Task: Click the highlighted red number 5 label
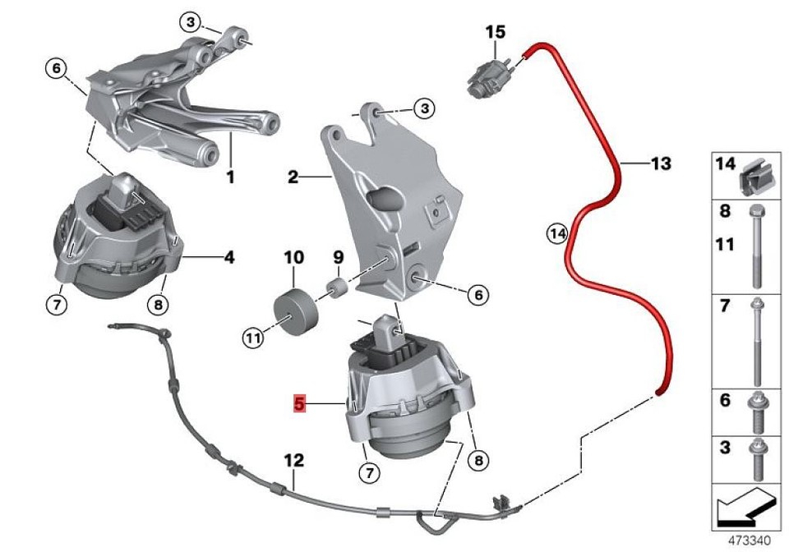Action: click(299, 403)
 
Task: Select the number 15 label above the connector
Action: click(495, 33)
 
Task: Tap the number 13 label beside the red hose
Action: click(660, 163)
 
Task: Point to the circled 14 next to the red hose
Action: click(558, 234)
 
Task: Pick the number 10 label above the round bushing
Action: click(293, 258)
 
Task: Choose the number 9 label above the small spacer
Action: click(338, 258)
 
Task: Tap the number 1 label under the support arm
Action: click(230, 176)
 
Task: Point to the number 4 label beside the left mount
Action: click(228, 257)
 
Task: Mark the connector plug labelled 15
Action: click(485, 74)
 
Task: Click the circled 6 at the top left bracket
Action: click(55, 69)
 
